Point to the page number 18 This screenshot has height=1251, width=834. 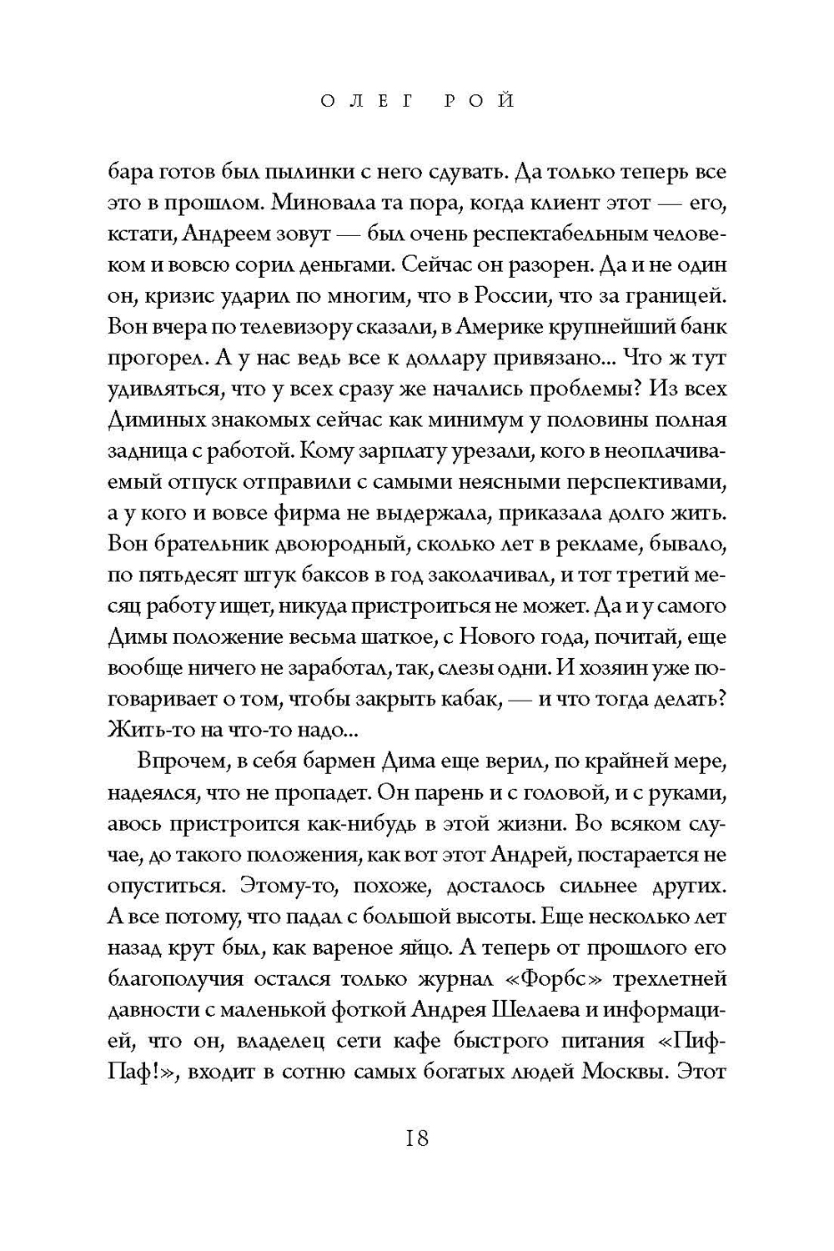click(416, 1138)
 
